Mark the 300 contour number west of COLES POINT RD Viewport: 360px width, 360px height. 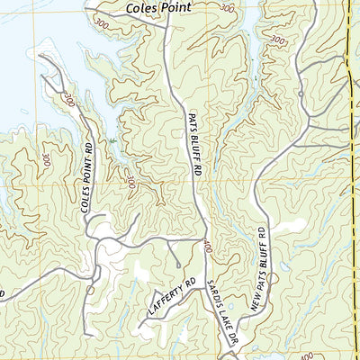point(45,158)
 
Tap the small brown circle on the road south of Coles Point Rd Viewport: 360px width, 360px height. point(90,290)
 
